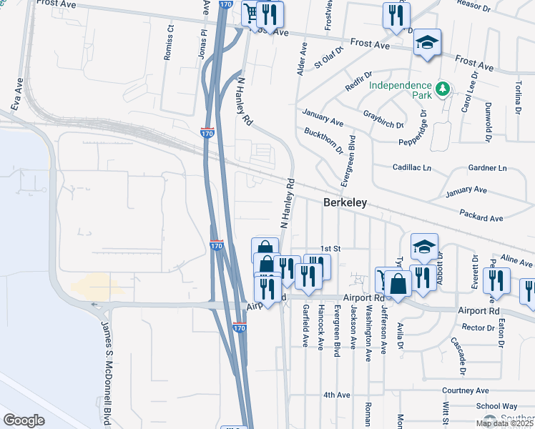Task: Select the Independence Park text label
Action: [401, 91]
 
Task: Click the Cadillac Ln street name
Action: [413, 167]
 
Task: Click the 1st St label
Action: [328, 248]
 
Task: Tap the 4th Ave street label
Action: [336, 395]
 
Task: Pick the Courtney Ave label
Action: [464, 390]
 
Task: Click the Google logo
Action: [24, 420]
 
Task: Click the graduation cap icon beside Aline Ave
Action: [425, 245]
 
